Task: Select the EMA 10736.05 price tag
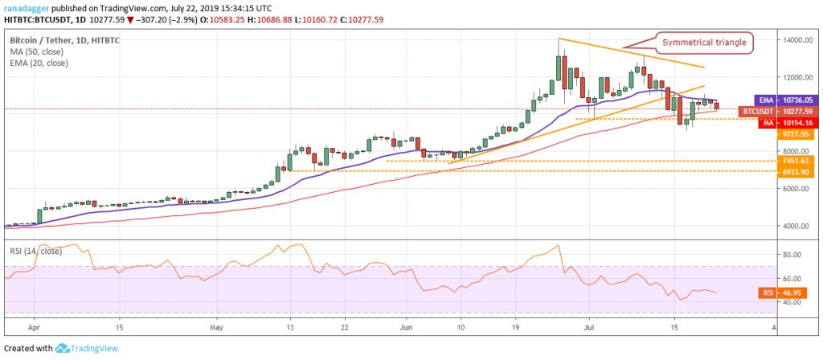point(779,100)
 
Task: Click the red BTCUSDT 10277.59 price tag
point(779,111)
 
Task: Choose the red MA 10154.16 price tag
point(779,121)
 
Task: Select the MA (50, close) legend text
point(36,51)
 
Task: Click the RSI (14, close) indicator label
point(38,239)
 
